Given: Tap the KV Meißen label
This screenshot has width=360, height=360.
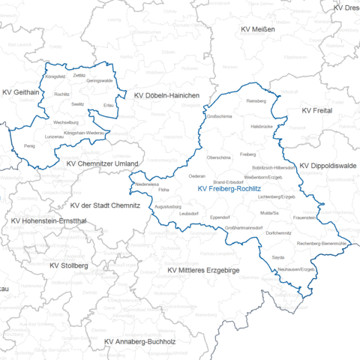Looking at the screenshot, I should click(257, 29).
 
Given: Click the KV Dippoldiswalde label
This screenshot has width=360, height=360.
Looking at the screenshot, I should click(328, 166).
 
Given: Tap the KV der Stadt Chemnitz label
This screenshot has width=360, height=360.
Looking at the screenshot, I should click(106, 205).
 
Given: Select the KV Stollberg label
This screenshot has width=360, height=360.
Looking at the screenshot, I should click(68, 265).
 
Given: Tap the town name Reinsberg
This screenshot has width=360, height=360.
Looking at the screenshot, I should click(256, 100).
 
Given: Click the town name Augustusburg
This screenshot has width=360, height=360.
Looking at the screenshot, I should click(168, 205).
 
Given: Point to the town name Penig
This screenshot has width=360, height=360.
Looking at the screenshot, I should click(29, 145).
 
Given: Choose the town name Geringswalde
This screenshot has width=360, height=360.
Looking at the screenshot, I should click(100, 80).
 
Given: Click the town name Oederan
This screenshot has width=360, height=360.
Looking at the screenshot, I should click(196, 176).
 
